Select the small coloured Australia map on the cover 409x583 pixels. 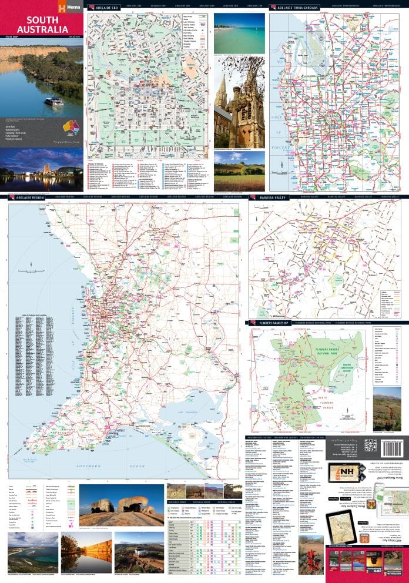pyautogui.click(x=71, y=126)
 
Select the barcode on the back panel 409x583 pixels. pyautogui.click(x=391, y=445)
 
